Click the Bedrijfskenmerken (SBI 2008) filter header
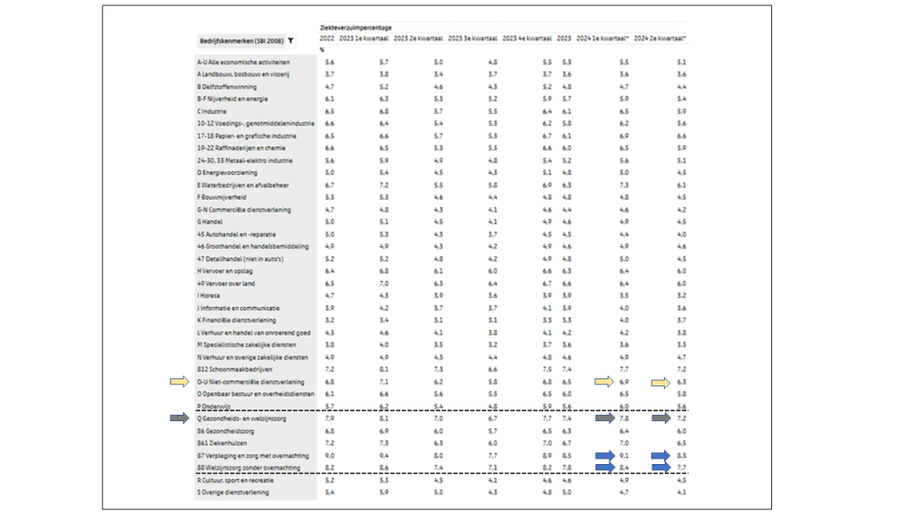point(241,40)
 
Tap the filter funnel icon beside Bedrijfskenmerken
point(291,40)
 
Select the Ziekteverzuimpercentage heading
point(356,28)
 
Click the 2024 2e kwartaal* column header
point(659,39)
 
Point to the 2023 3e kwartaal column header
point(473,39)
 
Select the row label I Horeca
point(210,295)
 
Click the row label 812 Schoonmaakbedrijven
point(234,369)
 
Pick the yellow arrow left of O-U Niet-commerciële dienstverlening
point(180,382)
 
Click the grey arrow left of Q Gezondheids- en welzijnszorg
point(180,418)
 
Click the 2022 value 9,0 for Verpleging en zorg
point(330,455)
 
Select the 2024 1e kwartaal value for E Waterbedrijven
point(624,185)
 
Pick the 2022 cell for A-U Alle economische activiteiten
point(330,62)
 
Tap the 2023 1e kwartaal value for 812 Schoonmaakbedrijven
point(384,369)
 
